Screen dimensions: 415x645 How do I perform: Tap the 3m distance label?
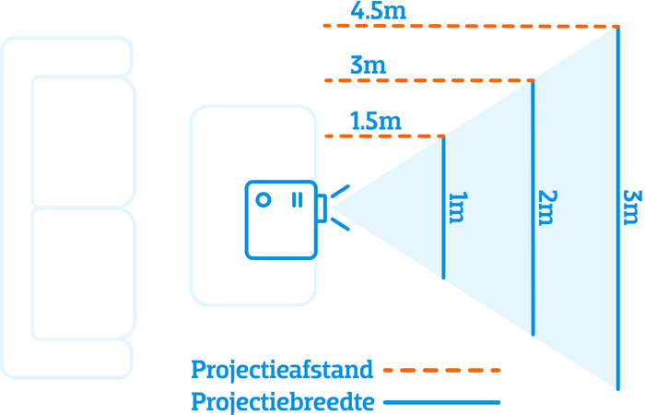coord(368,67)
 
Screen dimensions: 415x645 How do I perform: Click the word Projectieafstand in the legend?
coord(282,371)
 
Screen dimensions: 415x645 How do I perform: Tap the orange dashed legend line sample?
coord(441,371)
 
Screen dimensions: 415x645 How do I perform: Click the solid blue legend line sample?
coord(441,402)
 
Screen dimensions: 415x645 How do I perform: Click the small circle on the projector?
coord(263,198)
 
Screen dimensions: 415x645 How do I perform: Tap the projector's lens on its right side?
coord(321,208)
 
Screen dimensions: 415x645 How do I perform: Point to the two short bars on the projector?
coord(296,198)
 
